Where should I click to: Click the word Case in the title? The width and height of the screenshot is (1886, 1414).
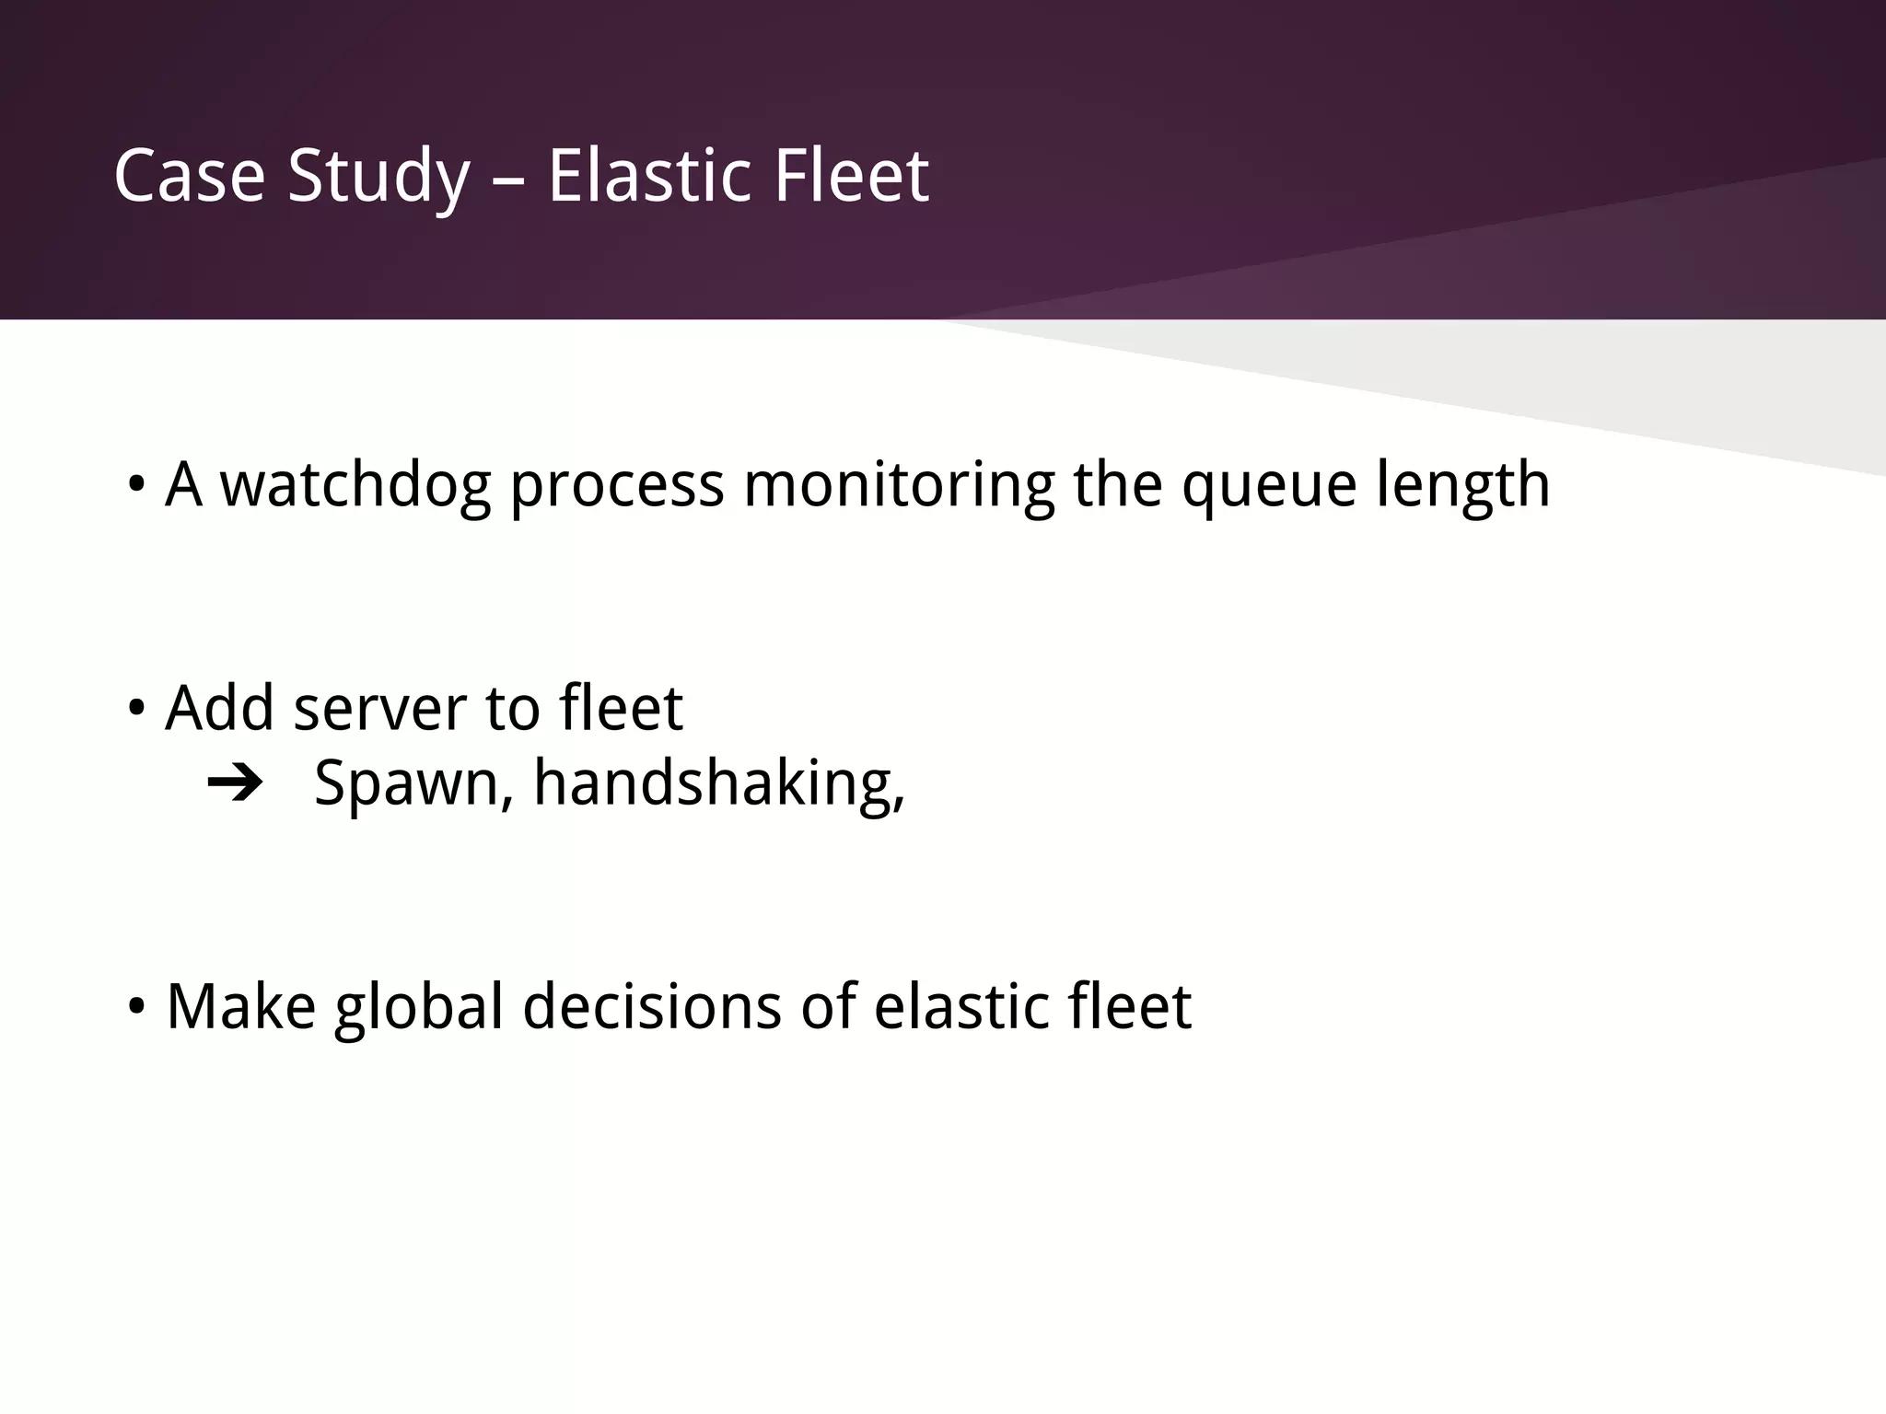point(190,176)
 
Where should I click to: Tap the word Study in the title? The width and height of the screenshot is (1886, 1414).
point(378,176)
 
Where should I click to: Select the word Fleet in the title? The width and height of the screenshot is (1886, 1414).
point(851,176)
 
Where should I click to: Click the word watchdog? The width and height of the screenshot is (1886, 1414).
point(355,485)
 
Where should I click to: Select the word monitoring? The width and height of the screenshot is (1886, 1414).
point(899,485)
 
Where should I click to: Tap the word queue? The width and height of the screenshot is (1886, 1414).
point(1269,485)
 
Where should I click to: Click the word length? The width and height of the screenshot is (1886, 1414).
point(1463,485)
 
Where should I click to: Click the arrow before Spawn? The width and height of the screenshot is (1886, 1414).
point(235,784)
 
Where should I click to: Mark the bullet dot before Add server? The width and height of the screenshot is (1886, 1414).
point(136,709)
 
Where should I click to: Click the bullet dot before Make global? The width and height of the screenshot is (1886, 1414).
point(136,1007)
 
